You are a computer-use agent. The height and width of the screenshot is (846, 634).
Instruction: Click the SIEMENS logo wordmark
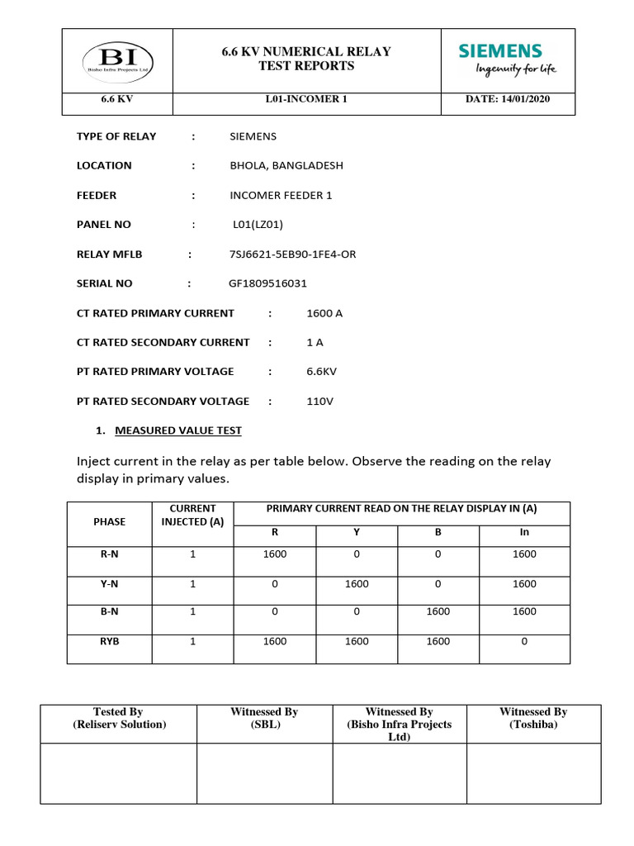[500, 51]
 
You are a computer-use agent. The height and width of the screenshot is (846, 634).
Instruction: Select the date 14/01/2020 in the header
[508, 99]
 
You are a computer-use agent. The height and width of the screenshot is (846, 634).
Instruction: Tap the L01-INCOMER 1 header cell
[306, 99]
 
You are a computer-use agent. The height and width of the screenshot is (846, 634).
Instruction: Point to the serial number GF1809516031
[267, 283]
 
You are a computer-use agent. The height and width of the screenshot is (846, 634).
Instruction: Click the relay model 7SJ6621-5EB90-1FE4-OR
[292, 254]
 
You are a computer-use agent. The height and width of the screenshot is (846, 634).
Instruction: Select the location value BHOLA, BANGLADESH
[286, 165]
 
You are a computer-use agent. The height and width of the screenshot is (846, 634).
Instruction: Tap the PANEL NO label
[104, 224]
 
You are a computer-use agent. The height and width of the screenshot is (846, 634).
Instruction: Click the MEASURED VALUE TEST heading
[178, 430]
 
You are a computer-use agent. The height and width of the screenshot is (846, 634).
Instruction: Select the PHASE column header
[110, 521]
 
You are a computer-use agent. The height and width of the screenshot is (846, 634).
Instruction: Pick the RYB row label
[110, 641]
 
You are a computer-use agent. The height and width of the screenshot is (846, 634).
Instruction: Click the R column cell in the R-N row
[275, 554]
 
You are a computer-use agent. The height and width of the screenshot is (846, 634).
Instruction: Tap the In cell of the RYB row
[523, 641]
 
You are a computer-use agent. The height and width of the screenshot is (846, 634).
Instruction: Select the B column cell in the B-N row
[438, 611]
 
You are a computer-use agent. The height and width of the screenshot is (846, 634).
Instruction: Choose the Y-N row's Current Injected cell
[192, 583]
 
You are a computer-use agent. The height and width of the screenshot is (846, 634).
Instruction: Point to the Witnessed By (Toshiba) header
[533, 717]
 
